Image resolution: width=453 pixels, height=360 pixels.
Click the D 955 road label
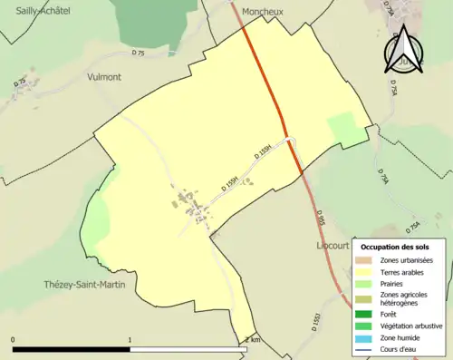point(321,219)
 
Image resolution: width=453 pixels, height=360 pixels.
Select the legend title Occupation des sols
point(395,246)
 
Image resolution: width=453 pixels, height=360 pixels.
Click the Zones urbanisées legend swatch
point(363,261)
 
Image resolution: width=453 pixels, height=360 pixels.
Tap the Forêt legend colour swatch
point(363,315)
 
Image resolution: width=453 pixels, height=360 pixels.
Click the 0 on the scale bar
point(14,340)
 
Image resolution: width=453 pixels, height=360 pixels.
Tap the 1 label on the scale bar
point(130,340)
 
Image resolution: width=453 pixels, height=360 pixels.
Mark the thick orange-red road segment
point(273,100)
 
